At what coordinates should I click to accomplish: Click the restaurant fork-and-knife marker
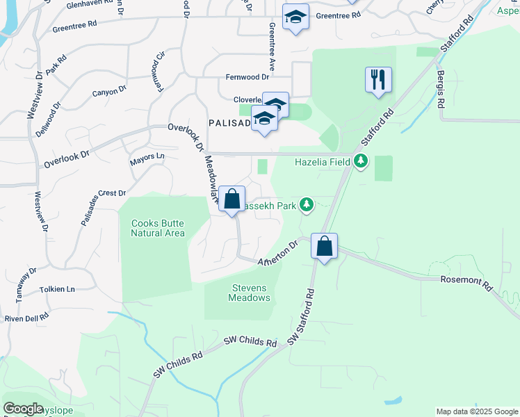378,80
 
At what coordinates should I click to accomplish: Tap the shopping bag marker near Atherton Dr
324,246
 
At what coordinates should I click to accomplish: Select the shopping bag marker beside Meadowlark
232,199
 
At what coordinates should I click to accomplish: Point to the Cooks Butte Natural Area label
158,228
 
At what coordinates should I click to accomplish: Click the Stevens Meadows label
249,293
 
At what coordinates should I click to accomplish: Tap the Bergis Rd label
439,89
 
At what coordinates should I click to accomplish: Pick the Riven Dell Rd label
26,318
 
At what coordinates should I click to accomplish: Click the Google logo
23,409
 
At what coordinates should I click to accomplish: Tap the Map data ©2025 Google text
476,411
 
